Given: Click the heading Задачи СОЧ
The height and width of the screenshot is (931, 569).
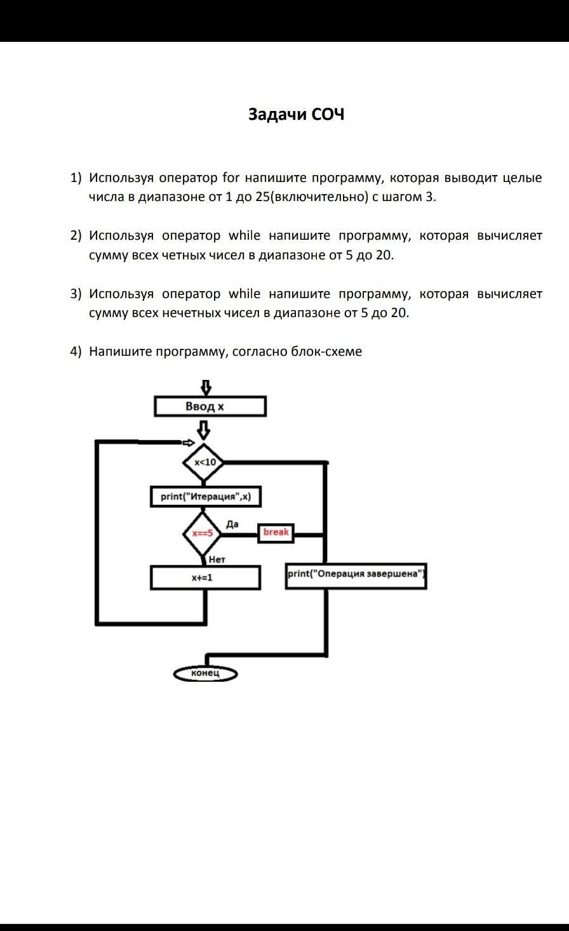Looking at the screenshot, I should coord(296,115).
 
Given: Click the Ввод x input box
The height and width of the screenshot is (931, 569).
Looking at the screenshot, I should coord(210,407).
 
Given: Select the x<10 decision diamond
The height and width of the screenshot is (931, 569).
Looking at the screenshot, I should coord(204,462).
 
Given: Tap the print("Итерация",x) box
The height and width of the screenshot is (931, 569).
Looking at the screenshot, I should coord(206,497).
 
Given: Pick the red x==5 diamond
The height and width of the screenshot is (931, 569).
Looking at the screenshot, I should coord(202,533).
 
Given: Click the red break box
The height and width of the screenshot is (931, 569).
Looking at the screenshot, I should coord(276,533).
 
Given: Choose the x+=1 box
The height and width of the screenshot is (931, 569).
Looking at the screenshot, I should coord(205,578).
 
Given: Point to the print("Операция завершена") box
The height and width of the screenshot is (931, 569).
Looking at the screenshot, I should coord(356,575).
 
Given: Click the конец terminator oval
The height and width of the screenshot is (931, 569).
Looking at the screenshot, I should coord(205,674).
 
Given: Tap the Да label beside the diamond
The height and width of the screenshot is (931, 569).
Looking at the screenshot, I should coord(232,524).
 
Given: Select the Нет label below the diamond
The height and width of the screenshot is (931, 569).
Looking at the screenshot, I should coord(217,559).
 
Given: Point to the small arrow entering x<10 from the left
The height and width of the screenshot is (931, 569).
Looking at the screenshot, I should coord(188,442).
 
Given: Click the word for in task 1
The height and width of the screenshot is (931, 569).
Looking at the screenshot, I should coord(229,178).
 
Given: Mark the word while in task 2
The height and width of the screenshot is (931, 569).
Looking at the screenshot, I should coord(244,236).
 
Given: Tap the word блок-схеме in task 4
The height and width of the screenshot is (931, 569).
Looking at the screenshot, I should coord(326,351).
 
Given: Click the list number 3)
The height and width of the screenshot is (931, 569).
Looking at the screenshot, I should coord(76,294).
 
